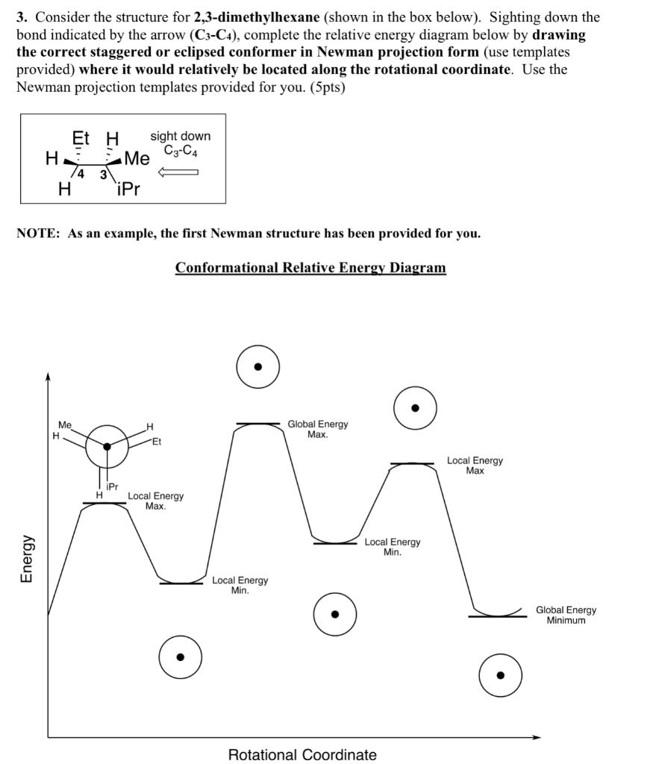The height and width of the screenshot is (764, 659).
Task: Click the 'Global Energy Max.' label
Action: [x=317, y=429]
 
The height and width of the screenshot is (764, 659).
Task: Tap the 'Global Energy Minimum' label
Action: [x=566, y=615]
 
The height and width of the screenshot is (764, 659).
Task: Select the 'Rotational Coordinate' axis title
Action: [x=302, y=754]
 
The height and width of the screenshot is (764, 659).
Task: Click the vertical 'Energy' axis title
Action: [x=26, y=559]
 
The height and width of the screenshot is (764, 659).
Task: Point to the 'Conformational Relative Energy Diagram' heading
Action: [x=310, y=267]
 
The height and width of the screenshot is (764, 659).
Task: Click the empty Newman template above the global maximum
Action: [x=258, y=366]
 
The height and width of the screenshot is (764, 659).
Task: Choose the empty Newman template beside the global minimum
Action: [x=500, y=675]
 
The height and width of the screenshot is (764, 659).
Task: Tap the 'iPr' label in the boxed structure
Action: [x=128, y=189]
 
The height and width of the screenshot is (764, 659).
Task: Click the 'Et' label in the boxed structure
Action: [x=81, y=138]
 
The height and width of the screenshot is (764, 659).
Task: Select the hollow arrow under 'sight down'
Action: [x=178, y=172]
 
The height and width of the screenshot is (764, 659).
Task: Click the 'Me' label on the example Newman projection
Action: [x=65, y=425]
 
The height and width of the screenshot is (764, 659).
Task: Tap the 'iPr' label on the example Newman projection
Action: [x=112, y=486]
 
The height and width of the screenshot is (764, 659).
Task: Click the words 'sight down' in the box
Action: [x=181, y=136]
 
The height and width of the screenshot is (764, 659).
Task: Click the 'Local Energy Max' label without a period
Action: [x=475, y=466]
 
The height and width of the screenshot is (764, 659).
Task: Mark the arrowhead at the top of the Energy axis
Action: [x=48, y=377]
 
